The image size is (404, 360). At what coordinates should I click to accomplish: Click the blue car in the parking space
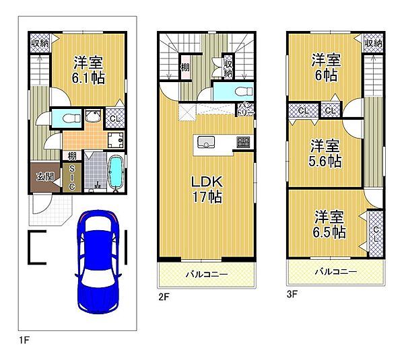pos(98,262)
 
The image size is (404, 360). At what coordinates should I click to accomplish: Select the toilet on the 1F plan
pos(71,118)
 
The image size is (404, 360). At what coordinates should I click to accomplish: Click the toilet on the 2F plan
pos(244,92)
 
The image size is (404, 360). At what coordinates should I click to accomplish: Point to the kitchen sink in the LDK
pos(206,142)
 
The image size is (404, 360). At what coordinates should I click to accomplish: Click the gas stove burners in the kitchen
pos(243,142)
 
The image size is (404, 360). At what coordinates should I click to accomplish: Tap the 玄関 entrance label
pos(45,177)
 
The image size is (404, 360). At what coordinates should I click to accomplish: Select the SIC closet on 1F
pos(72,178)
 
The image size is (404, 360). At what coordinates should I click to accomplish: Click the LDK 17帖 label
pos(207,190)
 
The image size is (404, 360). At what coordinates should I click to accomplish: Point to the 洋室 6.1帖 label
pos(88,70)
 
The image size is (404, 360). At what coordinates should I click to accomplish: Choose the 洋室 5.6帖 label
pos(325,153)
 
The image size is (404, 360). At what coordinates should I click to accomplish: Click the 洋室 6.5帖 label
pos(329,224)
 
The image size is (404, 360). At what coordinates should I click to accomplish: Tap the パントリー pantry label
pos(246,109)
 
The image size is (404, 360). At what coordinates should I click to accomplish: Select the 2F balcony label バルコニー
pos(207,274)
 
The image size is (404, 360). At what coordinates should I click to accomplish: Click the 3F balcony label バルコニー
pos(336,271)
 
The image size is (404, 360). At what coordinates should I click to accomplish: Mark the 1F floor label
pos(24,340)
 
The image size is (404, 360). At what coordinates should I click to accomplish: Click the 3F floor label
pos(292,294)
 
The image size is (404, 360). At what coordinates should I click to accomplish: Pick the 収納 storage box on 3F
pos(373,43)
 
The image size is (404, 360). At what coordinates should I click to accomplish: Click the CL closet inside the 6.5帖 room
pos(376,233)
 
